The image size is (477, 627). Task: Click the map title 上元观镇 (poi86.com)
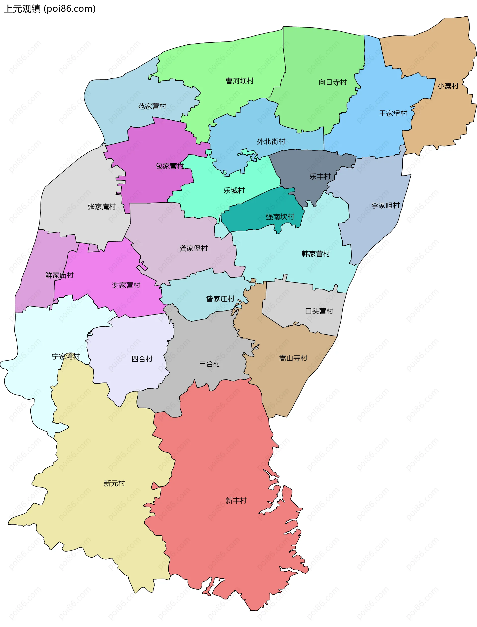click(x=50, y=9)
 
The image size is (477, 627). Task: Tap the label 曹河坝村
click(x=240, y=81)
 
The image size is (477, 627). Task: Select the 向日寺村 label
click(x=332, y=82)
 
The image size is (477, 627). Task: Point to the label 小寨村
click(x=448, y=86)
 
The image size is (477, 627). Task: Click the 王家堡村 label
click(x=393, y=113)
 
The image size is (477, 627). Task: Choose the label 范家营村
click(x=152, y=106)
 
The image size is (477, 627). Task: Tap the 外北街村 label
click(x=271, y=141)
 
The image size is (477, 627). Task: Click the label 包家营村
click(x=170, y=166)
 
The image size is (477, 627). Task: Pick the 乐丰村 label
click(x=320, y=176)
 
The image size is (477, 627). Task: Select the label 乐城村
click(x=234, y=190)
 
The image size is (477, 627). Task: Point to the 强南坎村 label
click(x=280, y=217)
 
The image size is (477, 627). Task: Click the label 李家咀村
click(x=385, y=206)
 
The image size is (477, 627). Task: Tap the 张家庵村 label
click(x=102, y=207)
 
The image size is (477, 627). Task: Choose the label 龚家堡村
click(x=193, y=248)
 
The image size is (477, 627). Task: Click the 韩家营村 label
click(x=316, y=254)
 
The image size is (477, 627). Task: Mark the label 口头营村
click(x=319, y=311)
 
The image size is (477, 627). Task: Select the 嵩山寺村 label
click(x=293, y=358)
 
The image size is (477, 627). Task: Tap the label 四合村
click(x=142, y=359)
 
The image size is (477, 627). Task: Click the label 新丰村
click(x=236, y=501)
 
